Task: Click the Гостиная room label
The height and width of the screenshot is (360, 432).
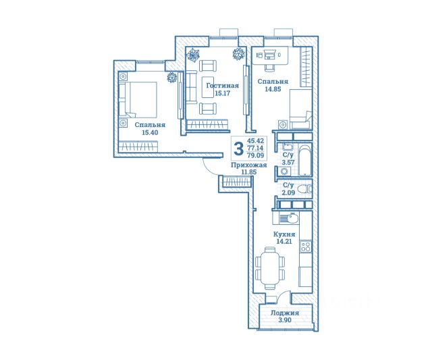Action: [x=223, y=86]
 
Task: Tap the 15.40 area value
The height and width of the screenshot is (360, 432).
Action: [x=150, y=132]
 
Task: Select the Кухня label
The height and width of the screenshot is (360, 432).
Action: [x=284, y=234]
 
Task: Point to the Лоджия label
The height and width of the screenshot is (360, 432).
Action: [x=285, y=313]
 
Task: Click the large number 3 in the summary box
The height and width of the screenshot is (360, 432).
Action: [x=238, y=148]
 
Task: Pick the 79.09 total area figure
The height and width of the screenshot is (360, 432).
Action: [x=255, y=155]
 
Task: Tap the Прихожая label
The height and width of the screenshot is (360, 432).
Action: [x=249, y=165]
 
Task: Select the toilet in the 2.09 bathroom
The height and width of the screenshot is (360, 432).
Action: [x=304, y=189]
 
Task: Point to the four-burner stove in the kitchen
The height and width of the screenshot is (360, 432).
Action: [x=306, y=247]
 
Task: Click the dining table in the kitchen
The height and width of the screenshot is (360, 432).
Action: [x=270, y=267]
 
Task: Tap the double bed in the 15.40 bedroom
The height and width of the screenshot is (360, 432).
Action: [x=138, y=99]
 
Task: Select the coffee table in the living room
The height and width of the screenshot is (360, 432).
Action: [x=209, y=87]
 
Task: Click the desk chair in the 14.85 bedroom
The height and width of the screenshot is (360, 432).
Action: [x=270, y=67]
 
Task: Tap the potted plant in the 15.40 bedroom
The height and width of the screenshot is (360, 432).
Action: [x=172, y=77]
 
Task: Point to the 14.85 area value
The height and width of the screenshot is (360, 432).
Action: [x=273, y=89]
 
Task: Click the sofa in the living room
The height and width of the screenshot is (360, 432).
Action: [x=191, y=87]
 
